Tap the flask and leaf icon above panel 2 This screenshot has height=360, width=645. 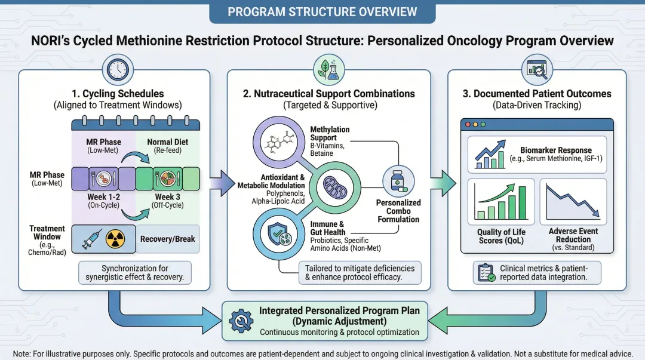329,70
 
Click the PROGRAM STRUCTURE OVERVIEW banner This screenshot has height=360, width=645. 322,12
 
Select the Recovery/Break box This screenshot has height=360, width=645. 167,239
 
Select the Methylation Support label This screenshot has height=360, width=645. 330,133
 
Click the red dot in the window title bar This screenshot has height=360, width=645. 468,124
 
